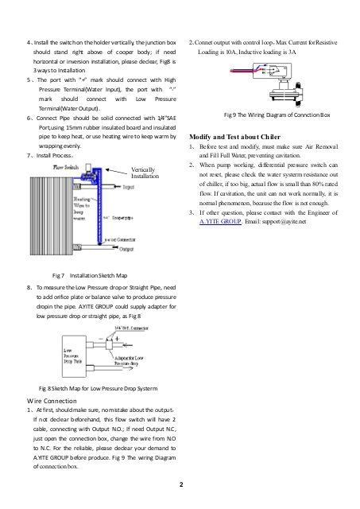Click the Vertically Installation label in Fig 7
(x=151, y=173)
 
